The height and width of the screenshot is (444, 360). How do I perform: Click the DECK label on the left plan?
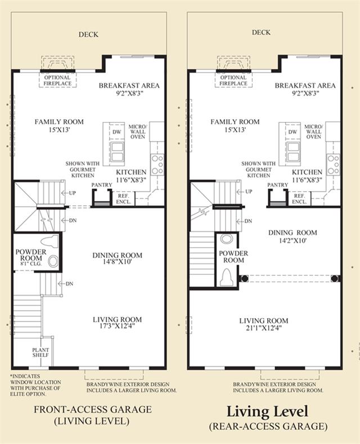(x=88, y=34)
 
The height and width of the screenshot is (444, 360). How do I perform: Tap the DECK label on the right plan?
(x=261, y=33)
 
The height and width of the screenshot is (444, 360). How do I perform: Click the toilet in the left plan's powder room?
(x=49, y=242)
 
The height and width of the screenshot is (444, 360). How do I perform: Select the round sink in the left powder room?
(x=53, y=261)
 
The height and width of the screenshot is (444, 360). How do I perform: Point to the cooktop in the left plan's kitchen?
(x=157, y=164)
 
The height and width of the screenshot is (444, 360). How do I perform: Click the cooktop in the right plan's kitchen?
(x=333, y=164)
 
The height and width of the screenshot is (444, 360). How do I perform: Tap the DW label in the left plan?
(x=117, y=132)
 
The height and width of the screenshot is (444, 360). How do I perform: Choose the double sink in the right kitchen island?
(x=294, y=152)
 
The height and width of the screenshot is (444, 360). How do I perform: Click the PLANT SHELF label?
(x=40, y=352)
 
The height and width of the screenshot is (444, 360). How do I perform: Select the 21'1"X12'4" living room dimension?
(x=264, y=328)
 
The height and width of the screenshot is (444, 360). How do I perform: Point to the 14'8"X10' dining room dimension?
(x=117, y=262)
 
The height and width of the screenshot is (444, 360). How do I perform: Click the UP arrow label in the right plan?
(x=244, y=192)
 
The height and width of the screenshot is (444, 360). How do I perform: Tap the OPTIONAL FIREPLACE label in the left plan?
(x=57, y=80)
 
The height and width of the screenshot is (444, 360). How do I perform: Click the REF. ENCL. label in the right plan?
(x=299, y=199)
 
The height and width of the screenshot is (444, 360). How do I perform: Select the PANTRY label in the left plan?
(x=102, y=184)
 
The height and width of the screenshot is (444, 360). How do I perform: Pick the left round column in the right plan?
(x=244, y=278)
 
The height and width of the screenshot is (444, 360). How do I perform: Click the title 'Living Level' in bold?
(x=267, y=411)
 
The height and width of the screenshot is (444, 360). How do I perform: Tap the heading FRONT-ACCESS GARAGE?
(x=93, y=409)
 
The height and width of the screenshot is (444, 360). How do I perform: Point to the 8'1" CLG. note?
(x=30, y=264)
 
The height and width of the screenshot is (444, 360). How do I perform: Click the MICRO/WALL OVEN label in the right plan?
(x=313, y=132)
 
